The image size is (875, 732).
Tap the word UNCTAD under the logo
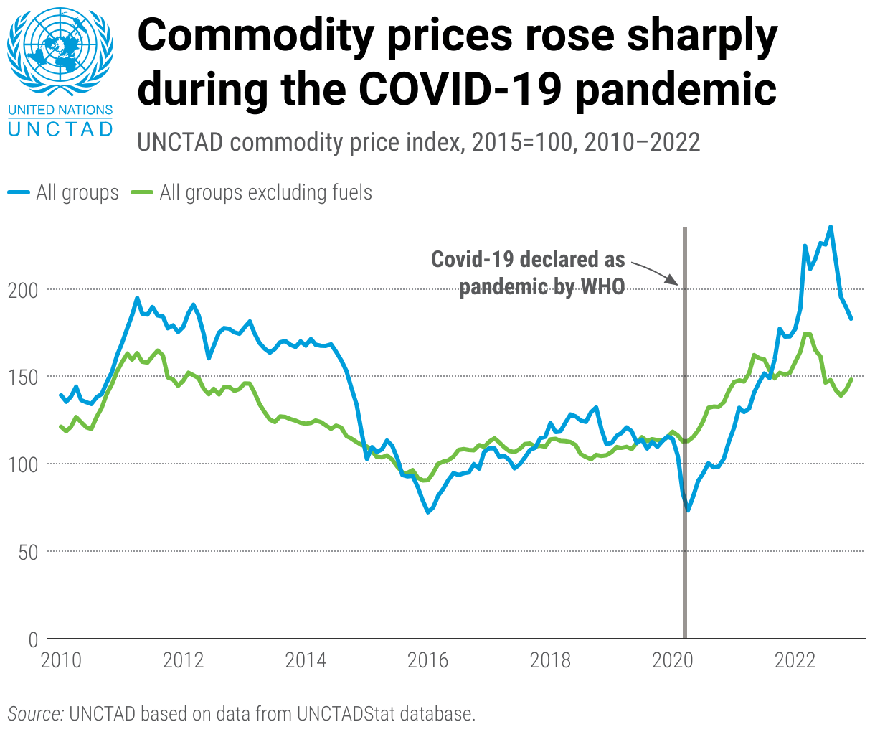click(60, 129)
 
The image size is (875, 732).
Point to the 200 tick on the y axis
click(22, 290)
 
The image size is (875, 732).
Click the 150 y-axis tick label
click(22, 377)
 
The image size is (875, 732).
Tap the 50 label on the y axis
click(27, 552)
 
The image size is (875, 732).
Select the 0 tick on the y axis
click(33, 639)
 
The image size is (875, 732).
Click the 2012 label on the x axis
click(183, 660)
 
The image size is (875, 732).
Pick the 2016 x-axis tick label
click(427, 660)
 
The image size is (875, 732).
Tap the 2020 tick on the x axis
click(672, 660)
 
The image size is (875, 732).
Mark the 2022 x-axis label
click(795, 660)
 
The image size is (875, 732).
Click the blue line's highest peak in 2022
click(831, 227)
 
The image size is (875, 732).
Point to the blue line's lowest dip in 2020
click(688, 510)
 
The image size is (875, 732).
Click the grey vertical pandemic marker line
click(685, 431)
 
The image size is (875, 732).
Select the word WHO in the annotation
click(602, 287)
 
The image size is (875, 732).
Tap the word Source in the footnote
click(35, 714)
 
